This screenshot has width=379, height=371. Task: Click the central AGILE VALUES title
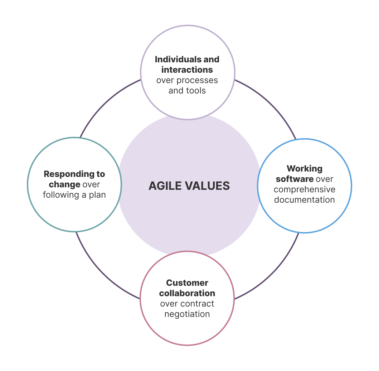pos(189,186)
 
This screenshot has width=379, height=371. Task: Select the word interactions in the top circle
pos(187,69)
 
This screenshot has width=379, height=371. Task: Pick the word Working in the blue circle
pos(305,168)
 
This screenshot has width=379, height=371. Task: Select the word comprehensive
pos(305,189)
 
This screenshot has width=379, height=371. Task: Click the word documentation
pos(305,199)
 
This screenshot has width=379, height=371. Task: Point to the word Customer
pos(187,283)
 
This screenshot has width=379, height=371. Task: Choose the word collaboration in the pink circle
pos(187,293)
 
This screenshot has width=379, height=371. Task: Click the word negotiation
pos(187,314)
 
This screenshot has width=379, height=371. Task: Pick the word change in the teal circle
pos(64,184)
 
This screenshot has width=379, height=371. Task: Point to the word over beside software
pos(325,179)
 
